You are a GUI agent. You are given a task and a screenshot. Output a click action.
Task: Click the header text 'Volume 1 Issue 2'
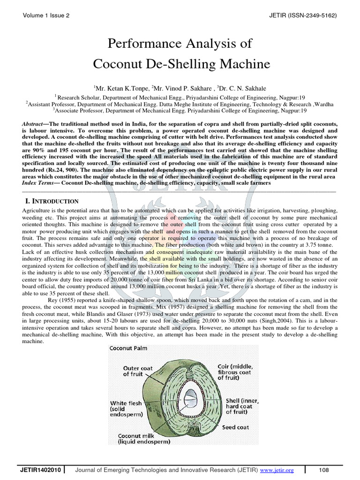(x=46, y=15)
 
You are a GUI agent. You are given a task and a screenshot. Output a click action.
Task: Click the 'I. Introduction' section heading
(x=52, y=201)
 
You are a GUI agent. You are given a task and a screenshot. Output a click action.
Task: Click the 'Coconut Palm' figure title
(x=131, y=348)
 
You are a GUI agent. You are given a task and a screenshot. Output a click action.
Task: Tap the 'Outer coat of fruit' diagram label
(x=138, y=371)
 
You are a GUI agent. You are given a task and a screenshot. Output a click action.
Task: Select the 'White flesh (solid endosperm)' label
(x=125, y=408)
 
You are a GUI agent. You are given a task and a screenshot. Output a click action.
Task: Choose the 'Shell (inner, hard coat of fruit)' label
(x=242, y=406)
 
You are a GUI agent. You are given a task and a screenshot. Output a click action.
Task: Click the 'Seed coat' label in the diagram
(x=236, y=427)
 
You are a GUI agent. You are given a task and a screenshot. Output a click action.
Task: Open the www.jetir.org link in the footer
(x=277, y=470)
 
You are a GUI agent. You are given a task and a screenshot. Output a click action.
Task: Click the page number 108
(x=324, y=470)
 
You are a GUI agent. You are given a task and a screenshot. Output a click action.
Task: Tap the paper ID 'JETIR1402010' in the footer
(x=39, y=470)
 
